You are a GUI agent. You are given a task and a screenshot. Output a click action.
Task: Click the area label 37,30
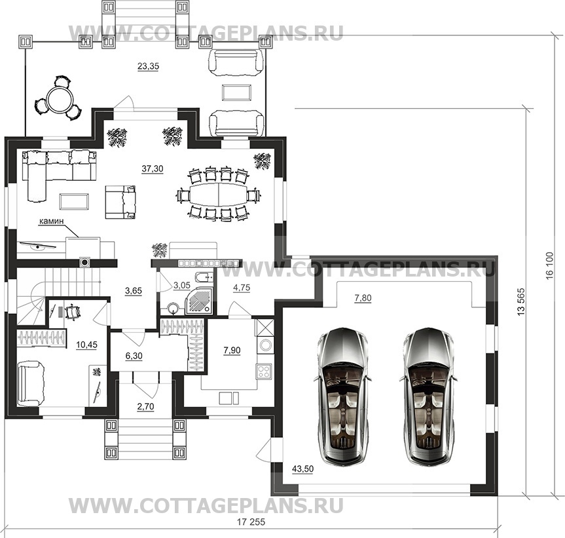153,168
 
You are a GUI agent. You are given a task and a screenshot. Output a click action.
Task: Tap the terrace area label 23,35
148,66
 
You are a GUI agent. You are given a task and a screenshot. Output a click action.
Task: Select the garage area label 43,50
302,469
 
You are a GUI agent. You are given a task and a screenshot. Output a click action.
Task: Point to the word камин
51,221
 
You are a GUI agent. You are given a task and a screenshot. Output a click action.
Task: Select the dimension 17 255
251,522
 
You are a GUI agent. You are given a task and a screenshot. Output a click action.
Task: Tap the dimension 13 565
520,302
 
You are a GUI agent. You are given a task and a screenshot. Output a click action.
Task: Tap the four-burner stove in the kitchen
264,372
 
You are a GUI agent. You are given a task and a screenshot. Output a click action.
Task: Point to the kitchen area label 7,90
232,350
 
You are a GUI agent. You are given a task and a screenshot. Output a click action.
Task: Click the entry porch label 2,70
145,406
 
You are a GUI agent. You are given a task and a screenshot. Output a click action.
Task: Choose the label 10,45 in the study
87,345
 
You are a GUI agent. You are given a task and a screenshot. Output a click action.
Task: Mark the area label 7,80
363,298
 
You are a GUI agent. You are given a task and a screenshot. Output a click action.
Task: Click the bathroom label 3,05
182,286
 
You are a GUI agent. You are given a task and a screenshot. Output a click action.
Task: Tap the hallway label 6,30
134,356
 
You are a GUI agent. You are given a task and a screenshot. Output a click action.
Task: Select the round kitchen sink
266,345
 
